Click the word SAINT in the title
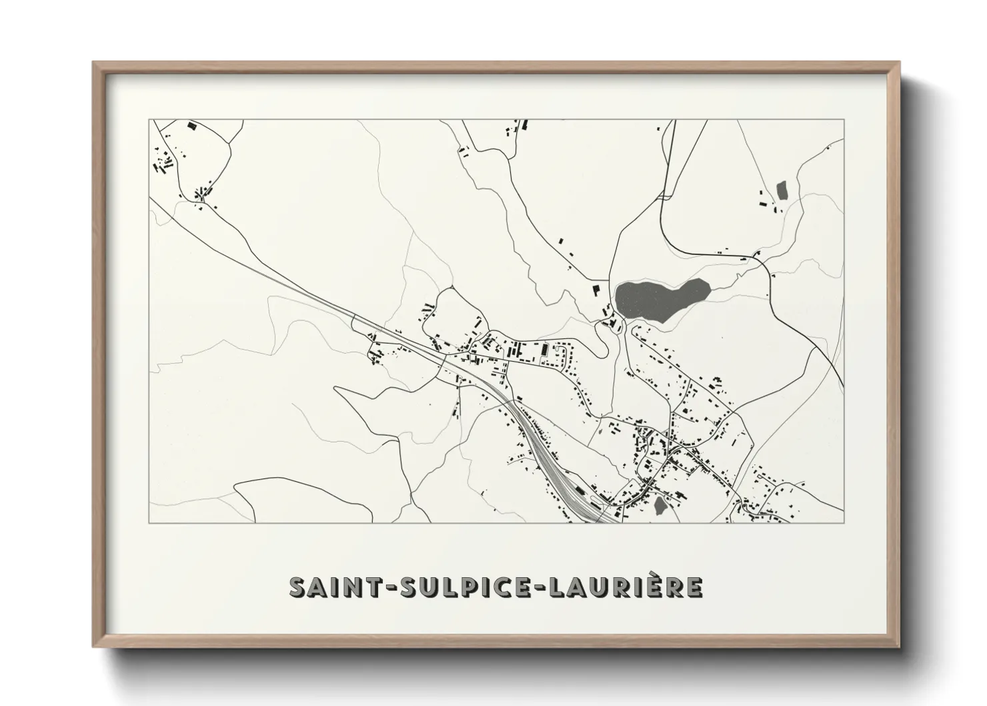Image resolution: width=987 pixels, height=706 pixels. [332, 587]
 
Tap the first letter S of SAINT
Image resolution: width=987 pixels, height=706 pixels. [297, 587]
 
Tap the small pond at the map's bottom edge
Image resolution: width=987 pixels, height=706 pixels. [660, 506]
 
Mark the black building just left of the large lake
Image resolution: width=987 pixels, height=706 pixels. [597, 290]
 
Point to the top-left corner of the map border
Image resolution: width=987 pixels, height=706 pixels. [149, 120]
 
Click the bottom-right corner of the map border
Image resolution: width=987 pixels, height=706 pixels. [844, 522]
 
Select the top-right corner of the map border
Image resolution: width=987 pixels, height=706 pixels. [844, 120]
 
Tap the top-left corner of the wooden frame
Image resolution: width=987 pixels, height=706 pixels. [93, 62]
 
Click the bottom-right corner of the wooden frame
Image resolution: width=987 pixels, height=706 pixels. [900, 648]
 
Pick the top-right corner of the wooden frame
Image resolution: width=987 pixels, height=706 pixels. [900, 62]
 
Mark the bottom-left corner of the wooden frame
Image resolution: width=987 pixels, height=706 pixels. [93, 648]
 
